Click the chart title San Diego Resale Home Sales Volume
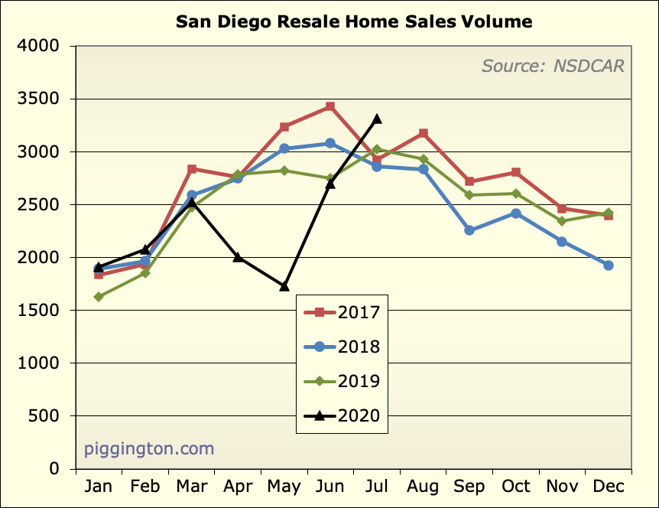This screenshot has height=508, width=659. click(x=354, y=21)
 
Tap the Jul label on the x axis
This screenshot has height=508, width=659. click(x=377, y=487)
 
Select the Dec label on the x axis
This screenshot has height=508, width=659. click(x=609, y=487)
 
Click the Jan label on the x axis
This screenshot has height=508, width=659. click(x=99, y=487)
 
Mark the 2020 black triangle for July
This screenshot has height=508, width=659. click(x=377, y=119)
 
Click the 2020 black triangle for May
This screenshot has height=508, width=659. click(x=284, y=286)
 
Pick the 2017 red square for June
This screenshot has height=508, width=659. click(x=330, y=106)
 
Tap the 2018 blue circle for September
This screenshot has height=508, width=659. click(x=469, y=230)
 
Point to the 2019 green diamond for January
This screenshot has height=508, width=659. click(x=99, y=297)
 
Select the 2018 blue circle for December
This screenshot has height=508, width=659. click(x=609, y=265)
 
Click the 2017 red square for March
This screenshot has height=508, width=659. click(x=191, y=169)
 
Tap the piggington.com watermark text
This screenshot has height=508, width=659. click(x=149, y=448)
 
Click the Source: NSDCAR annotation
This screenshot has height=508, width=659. click(x=552, y=66)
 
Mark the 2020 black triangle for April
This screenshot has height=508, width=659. click(x=238, y=257)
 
